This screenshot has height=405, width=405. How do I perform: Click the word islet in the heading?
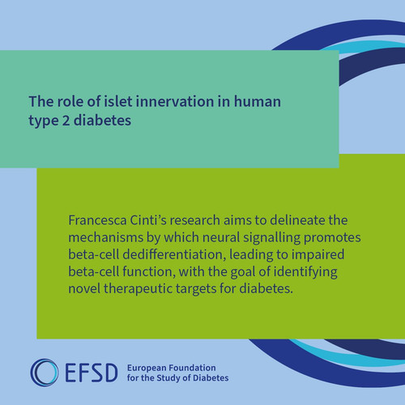[118, 101]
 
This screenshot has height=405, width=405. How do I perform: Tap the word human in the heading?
[258, 101]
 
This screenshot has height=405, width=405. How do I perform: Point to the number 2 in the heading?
[66, 120]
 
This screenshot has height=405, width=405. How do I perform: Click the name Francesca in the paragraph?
[97, 220]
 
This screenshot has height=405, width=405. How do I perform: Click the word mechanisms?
[106, 237]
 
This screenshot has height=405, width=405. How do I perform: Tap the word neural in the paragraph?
[221, 237]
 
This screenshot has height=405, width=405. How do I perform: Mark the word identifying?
[305, 272]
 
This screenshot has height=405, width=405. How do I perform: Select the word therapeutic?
[138, 289]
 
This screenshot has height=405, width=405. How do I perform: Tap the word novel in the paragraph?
[84, 289]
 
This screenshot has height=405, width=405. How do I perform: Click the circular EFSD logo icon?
[45, 373]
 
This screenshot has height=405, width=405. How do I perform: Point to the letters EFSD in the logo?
[91, 373]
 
